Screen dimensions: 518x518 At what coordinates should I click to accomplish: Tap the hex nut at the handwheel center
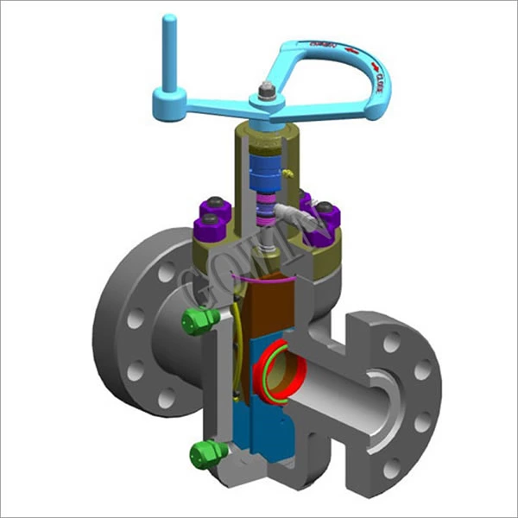coord(265,90)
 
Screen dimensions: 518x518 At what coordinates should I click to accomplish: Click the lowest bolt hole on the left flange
coord(165,396)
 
